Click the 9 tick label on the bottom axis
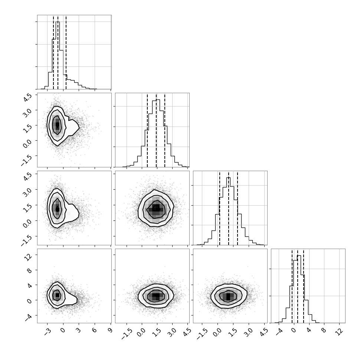click(111, 330)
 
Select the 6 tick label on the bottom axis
click(95, 330)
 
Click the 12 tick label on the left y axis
click(28, 257)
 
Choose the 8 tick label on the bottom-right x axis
click(324, 330)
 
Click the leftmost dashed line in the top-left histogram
click(53, 52)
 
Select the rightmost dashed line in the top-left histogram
click(66, 52)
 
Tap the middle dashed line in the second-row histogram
click(156, 130)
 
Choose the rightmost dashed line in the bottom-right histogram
click(304, 286)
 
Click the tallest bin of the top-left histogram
click(58, 55)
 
